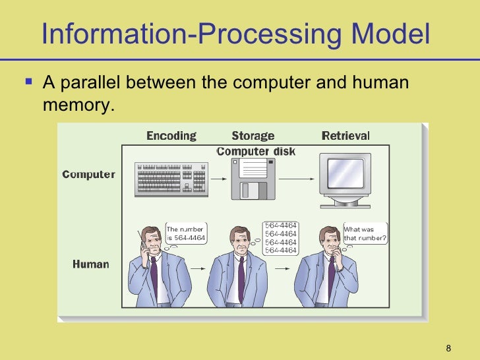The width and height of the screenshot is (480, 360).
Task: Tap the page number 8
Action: [x=448, y=348]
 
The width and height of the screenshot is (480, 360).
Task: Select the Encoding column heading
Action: [x=171, y=136]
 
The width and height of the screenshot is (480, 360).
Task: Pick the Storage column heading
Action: [x=253, y=136]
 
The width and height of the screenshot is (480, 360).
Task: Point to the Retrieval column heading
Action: [x=345, y=136]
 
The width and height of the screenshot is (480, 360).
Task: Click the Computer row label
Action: [x=88, y=175]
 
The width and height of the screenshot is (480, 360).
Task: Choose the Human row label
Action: [x=90, y=264]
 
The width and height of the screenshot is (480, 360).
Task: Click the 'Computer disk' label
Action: [x=256, y=152]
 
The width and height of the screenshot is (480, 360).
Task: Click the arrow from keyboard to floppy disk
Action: [x=216, y=179]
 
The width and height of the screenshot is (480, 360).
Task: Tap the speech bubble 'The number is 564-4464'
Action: [x=187, y=233]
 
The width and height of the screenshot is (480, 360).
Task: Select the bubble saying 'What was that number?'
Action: [x=365, y=234]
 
